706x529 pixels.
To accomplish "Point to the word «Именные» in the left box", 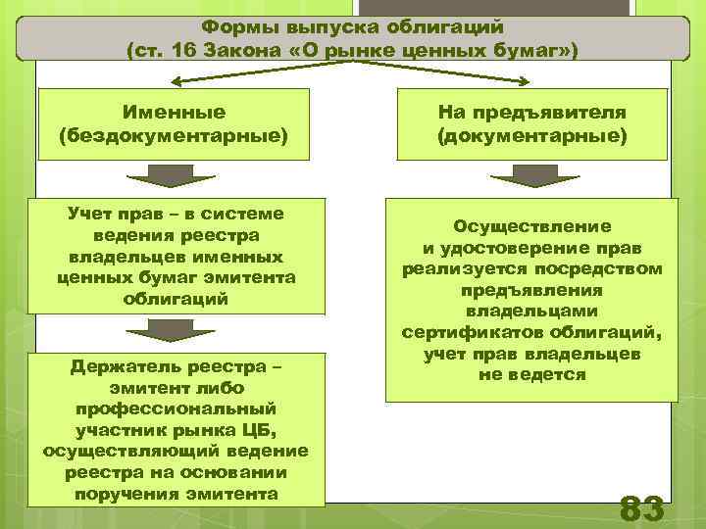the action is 174,113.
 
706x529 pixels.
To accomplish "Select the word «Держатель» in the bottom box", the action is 120,365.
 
